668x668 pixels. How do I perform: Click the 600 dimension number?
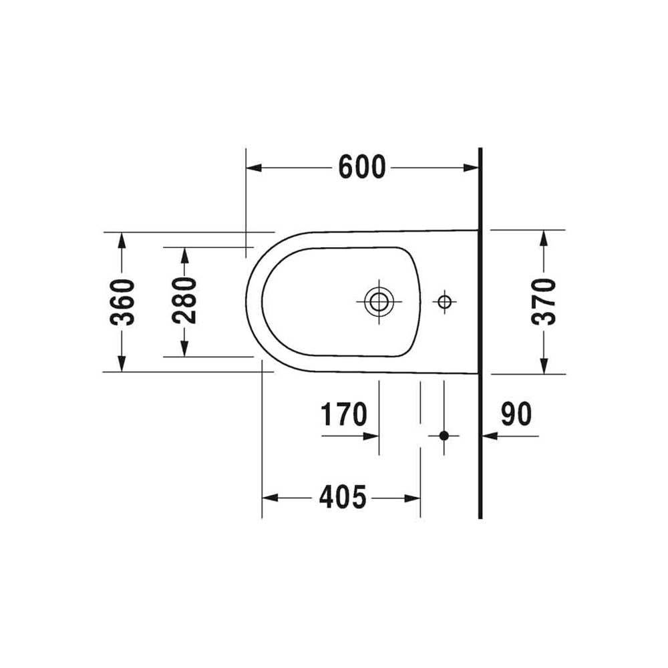point(361,167)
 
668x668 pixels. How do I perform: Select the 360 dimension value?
point(123,302)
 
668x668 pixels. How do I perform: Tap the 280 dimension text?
point(184,300)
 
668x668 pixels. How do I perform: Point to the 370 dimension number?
point(544,301)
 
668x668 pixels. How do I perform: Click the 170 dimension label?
point(343,413)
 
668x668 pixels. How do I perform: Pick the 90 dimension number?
point(516,413)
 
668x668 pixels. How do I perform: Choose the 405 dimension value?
point(343,497)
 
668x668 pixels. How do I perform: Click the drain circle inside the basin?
point(379,302)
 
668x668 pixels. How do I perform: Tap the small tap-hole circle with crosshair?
point(444,302)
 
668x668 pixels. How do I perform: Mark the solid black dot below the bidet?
point(444,436)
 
